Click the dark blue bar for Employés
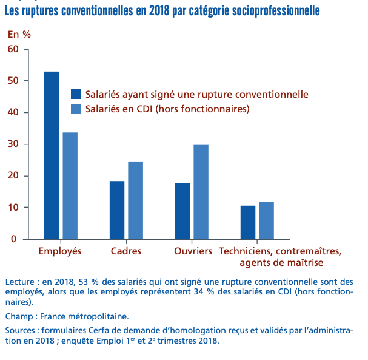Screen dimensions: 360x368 (52, 155)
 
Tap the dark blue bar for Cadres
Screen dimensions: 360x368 (117, 210)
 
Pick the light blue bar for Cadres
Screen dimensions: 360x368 (136, 200)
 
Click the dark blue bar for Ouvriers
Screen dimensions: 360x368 (182, 211)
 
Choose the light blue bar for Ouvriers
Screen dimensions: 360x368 (201, 192)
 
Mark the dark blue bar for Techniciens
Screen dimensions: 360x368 (248, 222)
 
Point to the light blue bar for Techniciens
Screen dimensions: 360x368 (267, 220)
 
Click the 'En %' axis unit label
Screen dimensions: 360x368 (19, 34)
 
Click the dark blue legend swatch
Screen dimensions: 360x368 (76, 94)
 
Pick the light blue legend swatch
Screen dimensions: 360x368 (76, 109)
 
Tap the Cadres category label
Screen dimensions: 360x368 (126, 251)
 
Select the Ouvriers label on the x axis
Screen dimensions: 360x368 (193, 251)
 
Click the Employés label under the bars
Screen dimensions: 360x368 (60, 251)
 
